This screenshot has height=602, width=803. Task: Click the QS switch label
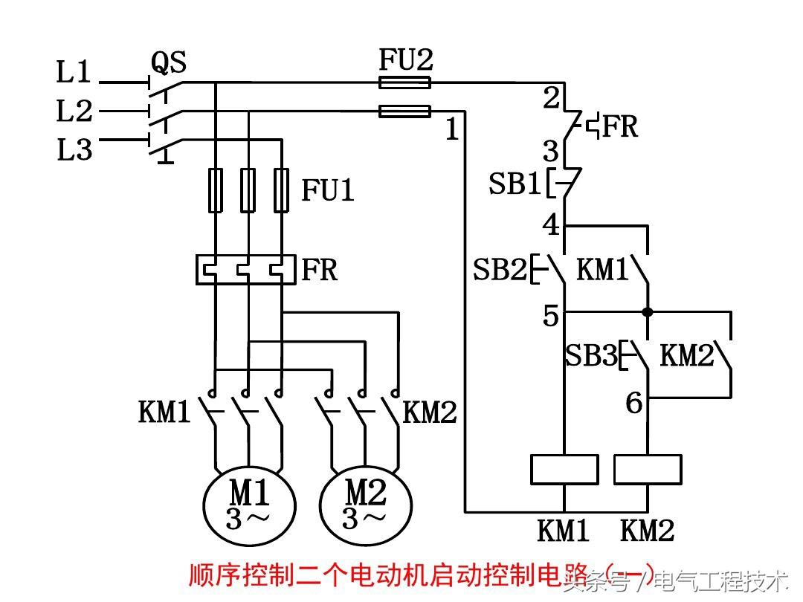pyautogui.click(x=168, y=62)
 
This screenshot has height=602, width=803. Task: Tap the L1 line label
pyautogui.click(x=74, y=72)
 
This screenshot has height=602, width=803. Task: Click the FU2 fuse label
pyautogui.click(x=406, y=59)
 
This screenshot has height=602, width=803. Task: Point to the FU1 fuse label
pyautogui.click(x=328, y=190)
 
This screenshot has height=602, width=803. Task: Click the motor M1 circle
pyautogui.click(x=249, y=502)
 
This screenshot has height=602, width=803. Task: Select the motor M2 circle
pyautogui.click(x=365, y=502)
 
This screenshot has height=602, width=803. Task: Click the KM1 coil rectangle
pyautogui.click(x=564, y=470)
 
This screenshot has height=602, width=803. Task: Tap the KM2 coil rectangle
pyautogui.click(x=648, y=470)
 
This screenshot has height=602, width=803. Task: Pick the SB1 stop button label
pyautogui.click(x=514, y=184)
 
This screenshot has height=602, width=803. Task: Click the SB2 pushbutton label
pyautogui.click(x=500, y=270)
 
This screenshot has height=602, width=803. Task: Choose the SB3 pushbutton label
pyautogui.click(x=591, y=355)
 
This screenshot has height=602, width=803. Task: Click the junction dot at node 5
pyautogui.click(x=648, y=312)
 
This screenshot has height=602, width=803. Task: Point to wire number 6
pyautogui.click(x=633, y=403)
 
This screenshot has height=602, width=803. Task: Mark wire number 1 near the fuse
pyautogui.click(x=452, y=130)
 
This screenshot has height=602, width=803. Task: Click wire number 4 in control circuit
pyautogui.click(x=550, y=224)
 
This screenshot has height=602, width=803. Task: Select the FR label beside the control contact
pyautogui.click(x=619, y=126)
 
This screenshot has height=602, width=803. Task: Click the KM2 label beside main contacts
pyautogui.click(x=429, y=412)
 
